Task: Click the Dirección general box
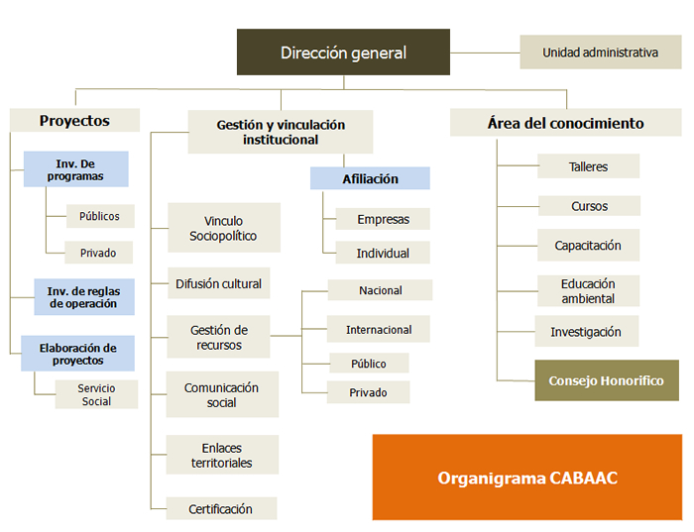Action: click(x=343, y=53)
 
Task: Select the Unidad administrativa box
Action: click(x=600, y=52)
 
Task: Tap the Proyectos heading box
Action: click(x=74, y=121)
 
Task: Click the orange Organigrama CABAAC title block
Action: click(x=527, y=478)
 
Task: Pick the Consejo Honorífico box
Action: click(x=607, y=380)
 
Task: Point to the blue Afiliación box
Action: click(x=370, y=178)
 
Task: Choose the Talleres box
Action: click(x=588, y=166)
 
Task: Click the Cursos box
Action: click(x=588, y=206)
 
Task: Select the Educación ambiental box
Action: click(x=588, y=291)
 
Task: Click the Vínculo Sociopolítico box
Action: click(x=223, y=228)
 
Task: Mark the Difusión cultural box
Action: click(x=218, y=283)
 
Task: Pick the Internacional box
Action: click(x=379, y=329)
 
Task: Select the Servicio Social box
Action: click(x=96, y=394)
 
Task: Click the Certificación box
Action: click(x=220, y=509)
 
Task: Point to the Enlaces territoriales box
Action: click(x=222, y=456)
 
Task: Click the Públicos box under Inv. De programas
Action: click(x=98, y=216)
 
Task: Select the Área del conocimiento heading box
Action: click(x=565, y=124)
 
